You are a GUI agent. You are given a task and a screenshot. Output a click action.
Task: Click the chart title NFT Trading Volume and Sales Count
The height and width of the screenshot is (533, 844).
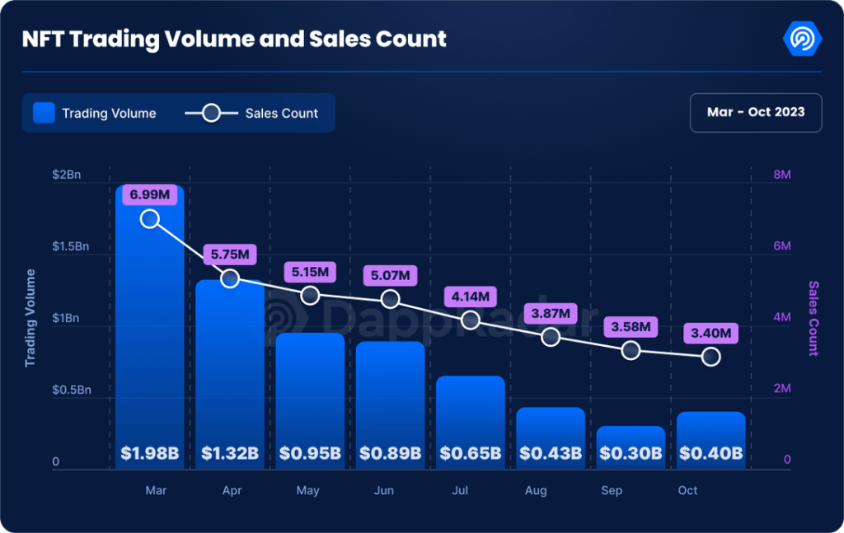tap(234, 39)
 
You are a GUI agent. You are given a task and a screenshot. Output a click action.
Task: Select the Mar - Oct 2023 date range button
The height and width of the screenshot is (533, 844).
tap(755, 113)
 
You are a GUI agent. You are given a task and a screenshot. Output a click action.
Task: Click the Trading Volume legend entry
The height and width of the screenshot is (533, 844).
tap(95, 113)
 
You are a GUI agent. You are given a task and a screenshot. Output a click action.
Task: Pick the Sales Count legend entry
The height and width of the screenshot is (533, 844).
tap(251, 113)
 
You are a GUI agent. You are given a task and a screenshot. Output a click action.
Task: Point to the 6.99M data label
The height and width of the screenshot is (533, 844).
tap(149, 195)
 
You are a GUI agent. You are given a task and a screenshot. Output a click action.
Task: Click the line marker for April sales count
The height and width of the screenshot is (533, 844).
tap(230, 278)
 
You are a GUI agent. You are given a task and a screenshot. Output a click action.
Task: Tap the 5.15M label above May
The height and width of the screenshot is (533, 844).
tap(310, 271)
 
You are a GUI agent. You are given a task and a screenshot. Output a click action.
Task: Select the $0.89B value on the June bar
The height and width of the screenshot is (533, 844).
tap(390, 453)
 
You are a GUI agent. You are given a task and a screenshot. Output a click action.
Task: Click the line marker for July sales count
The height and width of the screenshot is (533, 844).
tap(471, 320)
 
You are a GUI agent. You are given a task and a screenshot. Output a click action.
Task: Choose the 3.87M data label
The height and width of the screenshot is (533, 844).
tap(551, 314)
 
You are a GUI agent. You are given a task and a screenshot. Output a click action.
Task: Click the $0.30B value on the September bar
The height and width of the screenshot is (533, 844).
tap(631, 453)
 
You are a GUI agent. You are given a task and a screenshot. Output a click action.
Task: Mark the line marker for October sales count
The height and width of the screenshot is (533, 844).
tap(711, 357)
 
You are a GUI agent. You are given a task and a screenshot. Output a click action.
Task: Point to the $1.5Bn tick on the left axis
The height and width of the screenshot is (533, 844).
tap(72, 246)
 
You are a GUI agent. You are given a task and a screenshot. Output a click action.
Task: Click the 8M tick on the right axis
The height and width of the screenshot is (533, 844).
tap(781, 175)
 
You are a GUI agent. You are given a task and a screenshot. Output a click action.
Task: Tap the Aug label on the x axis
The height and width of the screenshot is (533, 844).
tap(536, 491)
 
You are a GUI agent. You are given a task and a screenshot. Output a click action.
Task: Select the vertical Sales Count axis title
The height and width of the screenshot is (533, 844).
tap(814, 318)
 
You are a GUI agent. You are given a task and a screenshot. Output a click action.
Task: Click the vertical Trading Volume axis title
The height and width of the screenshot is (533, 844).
tap(30, 318)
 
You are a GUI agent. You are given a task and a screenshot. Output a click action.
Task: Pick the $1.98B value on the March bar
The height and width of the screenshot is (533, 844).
tap(149, 453)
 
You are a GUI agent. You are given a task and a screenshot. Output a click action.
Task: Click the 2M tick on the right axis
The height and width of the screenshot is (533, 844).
tap(781, 389)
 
